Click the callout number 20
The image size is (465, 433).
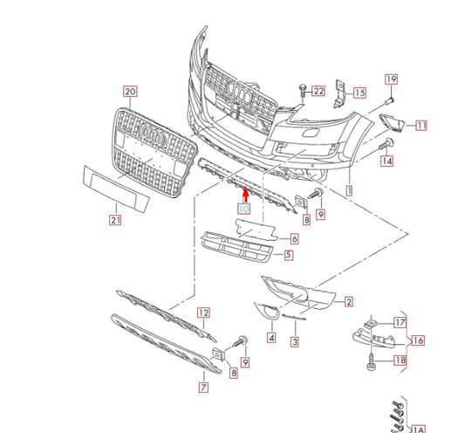point(130,91)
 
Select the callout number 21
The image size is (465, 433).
point(115,221)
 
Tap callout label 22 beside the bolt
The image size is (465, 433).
point(318,90)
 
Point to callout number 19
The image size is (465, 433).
point(390,79)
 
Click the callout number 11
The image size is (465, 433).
point(421,126)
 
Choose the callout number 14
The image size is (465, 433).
point(386,161)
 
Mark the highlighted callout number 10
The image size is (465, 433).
point(244,210)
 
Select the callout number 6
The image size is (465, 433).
point(294,238)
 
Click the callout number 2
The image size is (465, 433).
point(348,302)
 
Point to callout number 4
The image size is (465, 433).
point(270,338)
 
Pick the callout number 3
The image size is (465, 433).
point(295,341)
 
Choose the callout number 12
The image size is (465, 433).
point(202,312)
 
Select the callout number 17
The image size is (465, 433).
point(400,322)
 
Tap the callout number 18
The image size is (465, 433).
point(400,360)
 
